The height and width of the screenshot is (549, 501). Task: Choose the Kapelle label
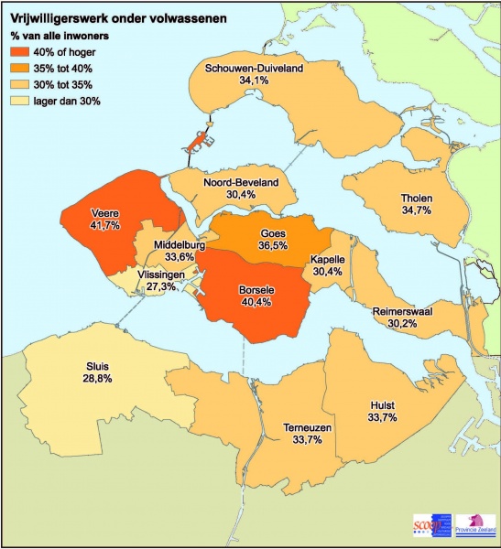point(327,259)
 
